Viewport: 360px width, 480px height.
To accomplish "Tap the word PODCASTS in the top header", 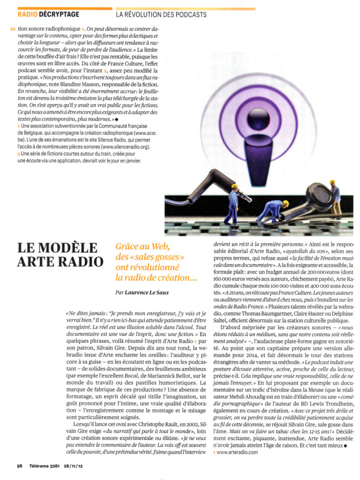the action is [187, 14].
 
